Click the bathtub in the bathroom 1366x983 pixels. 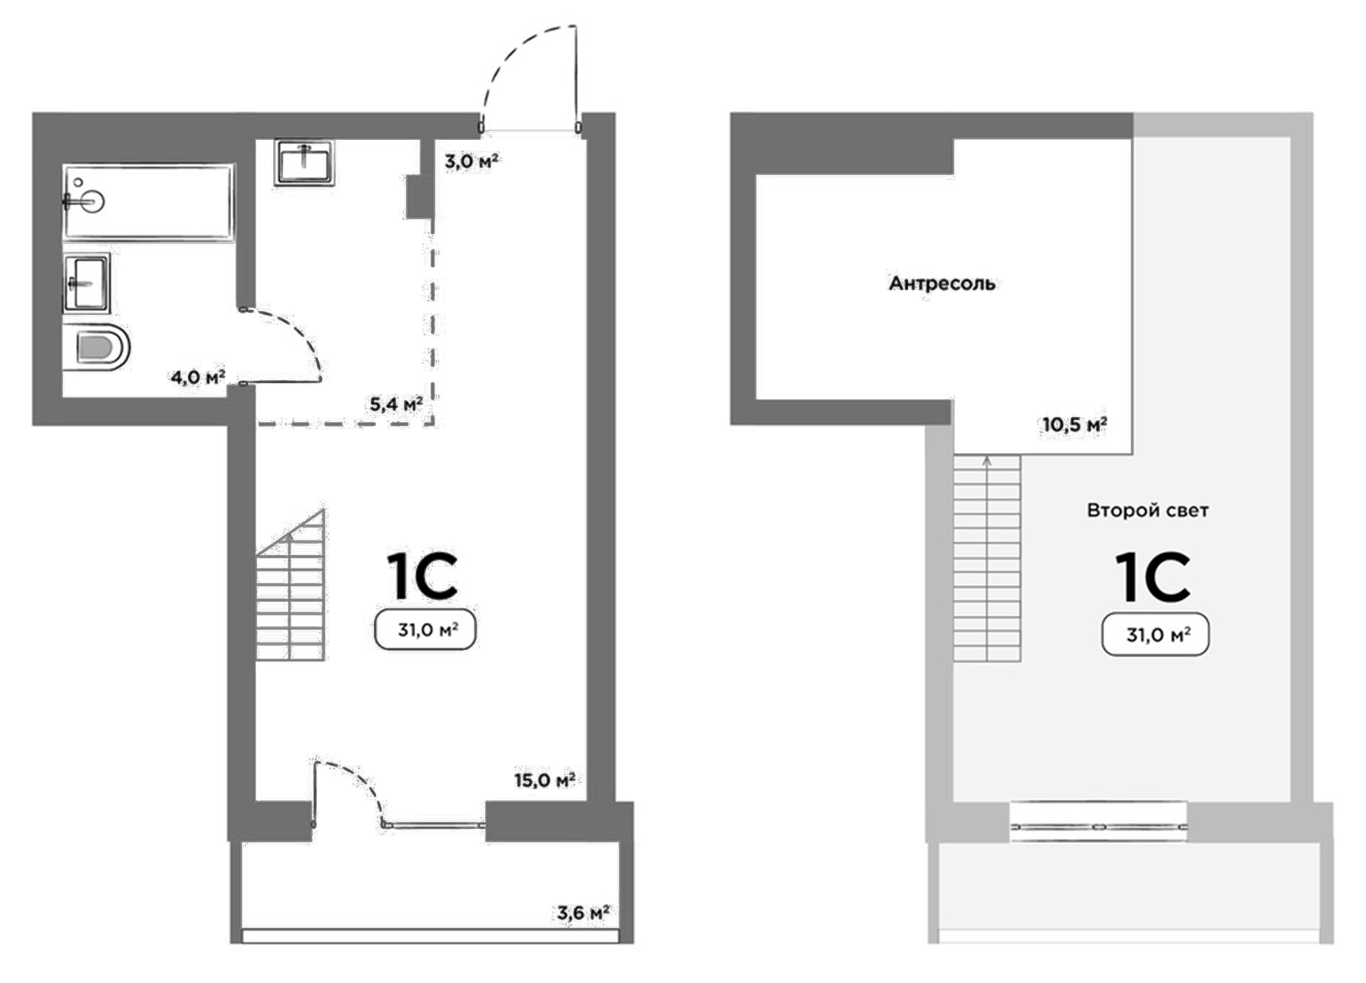tap(148, 202)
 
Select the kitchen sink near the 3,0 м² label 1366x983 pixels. tap(304, 163)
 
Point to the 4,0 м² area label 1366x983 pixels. tap(198, 377)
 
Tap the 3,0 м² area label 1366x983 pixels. tap(472, 161)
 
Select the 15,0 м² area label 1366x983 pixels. tap(544, 779)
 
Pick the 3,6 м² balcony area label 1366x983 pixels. tap(583, 913)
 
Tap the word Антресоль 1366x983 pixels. tap(942, 284)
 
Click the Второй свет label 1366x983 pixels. tap(1147, 511)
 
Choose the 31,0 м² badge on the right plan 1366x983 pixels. tap(1156, 634)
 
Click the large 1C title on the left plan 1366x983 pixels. tap(423, 576)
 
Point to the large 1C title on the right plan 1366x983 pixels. tap(1153, 578)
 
